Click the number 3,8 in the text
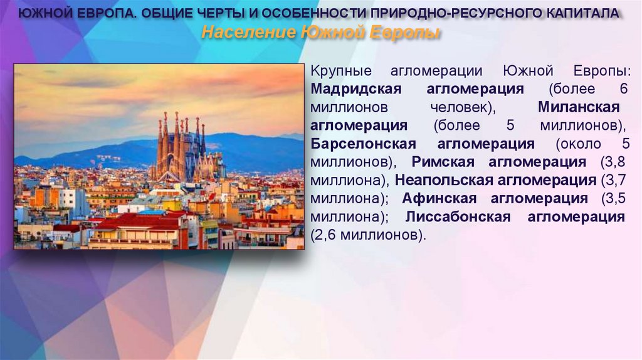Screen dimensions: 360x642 point(612,162)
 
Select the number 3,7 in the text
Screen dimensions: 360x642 point(612,181)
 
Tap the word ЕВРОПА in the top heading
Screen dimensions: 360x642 point(101,14)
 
